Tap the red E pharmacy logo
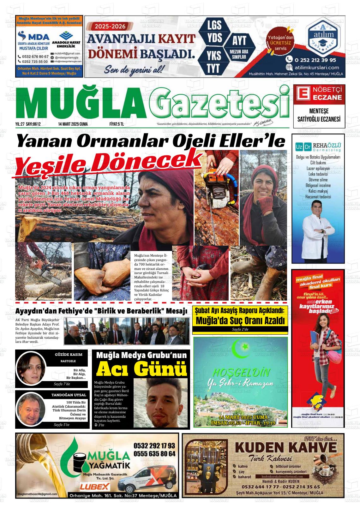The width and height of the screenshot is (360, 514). (302, 93)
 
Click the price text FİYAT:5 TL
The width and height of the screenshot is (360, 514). (115, 124)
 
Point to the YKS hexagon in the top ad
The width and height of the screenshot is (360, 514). (214, 56)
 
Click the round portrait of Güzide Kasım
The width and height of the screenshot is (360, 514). (29, 368)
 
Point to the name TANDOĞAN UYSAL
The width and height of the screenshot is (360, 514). (69, 395)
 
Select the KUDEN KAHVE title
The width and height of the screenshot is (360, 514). (285, 447)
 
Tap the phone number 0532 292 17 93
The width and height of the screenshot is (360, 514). (154, 445)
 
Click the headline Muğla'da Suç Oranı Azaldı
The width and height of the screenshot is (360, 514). (240, 321)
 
